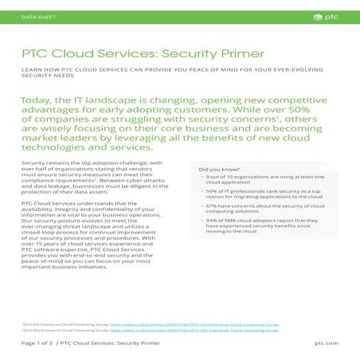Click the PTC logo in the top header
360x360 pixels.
332,15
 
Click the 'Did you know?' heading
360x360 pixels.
217,170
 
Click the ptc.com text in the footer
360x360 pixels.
327,342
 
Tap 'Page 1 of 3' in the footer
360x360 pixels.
38,342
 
